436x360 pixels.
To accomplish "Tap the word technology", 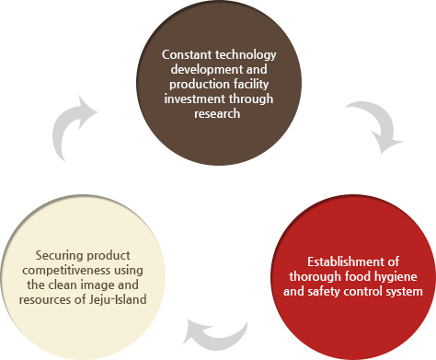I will point(244,54).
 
